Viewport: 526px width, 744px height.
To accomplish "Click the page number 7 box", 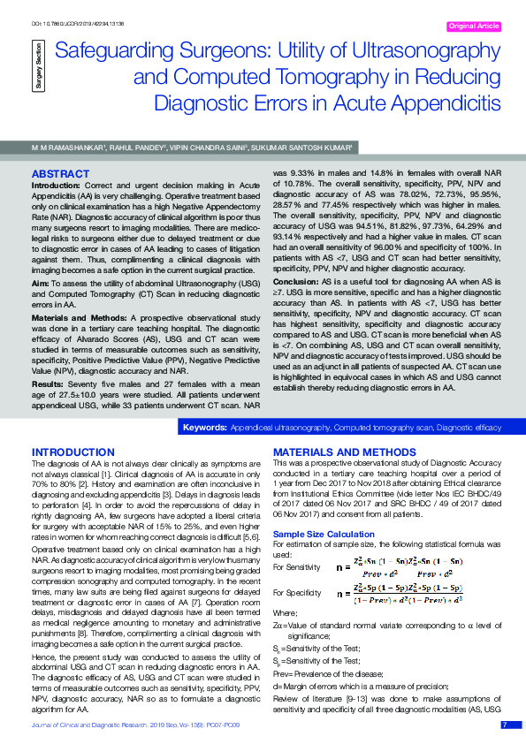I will coord(505,725).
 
